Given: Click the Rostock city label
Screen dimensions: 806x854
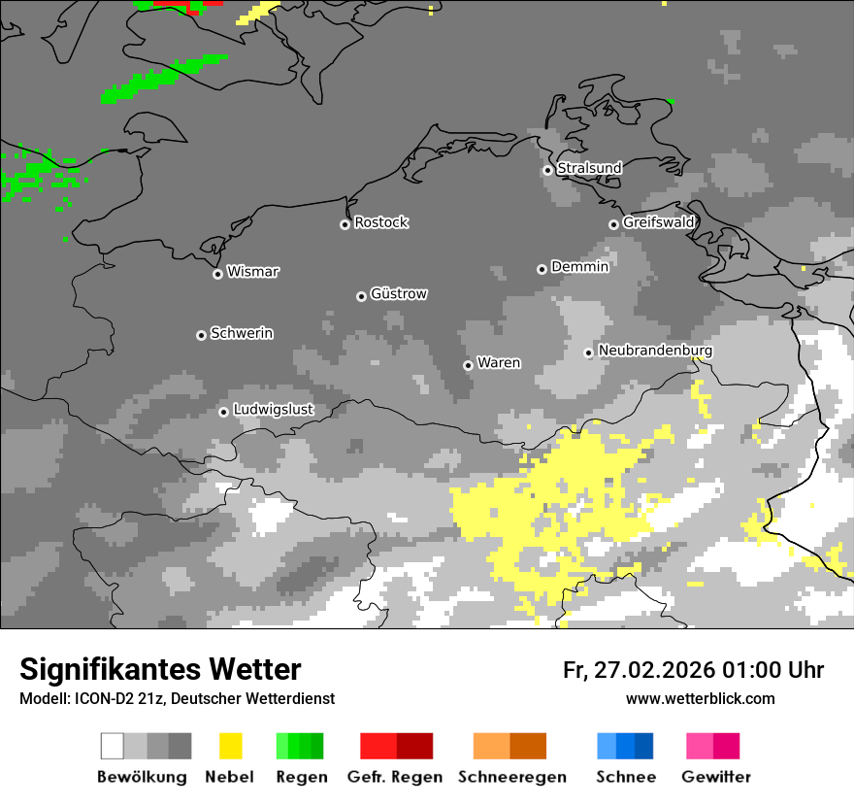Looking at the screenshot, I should (380, 222).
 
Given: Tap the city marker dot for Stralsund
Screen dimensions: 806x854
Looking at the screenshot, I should (547, 170).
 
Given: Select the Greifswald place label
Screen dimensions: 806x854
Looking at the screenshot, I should (658, 222).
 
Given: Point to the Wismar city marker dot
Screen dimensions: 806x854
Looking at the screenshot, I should (217, 274).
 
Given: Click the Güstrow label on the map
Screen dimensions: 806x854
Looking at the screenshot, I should (399, 293).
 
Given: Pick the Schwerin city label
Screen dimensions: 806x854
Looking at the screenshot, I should (242, 333).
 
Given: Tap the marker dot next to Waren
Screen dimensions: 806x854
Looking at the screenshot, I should (468, 365).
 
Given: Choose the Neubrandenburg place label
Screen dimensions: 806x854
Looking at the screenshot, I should (655, 351).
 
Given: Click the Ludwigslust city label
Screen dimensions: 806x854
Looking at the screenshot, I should (273, 410).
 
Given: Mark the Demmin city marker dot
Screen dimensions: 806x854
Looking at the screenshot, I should (542, 269).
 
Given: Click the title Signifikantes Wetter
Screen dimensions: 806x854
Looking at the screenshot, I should (160, 669).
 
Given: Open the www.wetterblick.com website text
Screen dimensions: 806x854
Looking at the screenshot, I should (700, 698).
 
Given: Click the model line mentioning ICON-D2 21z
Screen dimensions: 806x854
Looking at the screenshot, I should (177, 698).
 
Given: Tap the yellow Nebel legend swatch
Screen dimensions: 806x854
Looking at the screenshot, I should (230, 746).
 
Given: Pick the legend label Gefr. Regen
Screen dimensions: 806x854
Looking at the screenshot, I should (394, 777).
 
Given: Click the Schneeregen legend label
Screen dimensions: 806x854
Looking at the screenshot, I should (512, 777).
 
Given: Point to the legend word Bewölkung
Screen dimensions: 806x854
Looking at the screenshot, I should (142, 777).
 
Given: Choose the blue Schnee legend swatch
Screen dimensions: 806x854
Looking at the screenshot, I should (625, 746).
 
